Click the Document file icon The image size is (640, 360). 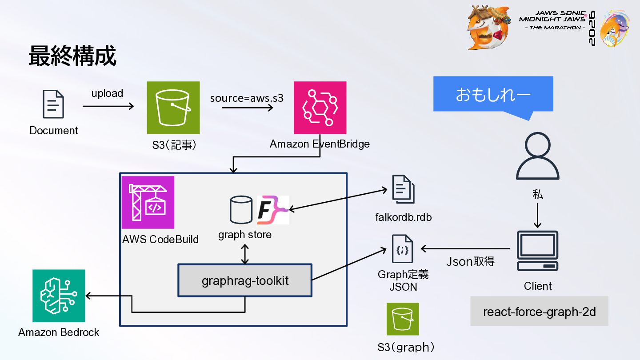click(x=53, y=104)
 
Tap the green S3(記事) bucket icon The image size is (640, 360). click(x=173, y=108)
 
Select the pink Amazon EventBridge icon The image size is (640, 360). click(x=320, y=108)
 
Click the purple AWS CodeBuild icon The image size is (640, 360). click(x=148, y=202)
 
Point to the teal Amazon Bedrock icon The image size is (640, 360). click(x=59, y=296)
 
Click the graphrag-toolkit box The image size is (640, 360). click(x=245, y=280)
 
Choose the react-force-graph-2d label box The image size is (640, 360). click(x=539, y=311)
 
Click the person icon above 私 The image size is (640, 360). click(x=537, y=156)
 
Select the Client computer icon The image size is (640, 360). click(x=537, y=251)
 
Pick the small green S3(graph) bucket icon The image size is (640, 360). click(x=403, y=319)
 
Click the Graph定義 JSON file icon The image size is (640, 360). click(x=402, y=248)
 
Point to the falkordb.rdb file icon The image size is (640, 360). click(x=403, y=189)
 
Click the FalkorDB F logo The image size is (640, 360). click(x=272, y=210)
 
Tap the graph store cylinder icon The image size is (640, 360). click(x=241, y=209)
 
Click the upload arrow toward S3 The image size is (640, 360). click(x=108, y=106)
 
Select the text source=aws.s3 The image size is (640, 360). click(x=247, y=98)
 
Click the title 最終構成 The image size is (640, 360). click(x=72, y=56)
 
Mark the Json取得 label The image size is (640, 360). click(x=470, y=261)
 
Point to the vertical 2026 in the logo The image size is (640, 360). click(x=592, y=28)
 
